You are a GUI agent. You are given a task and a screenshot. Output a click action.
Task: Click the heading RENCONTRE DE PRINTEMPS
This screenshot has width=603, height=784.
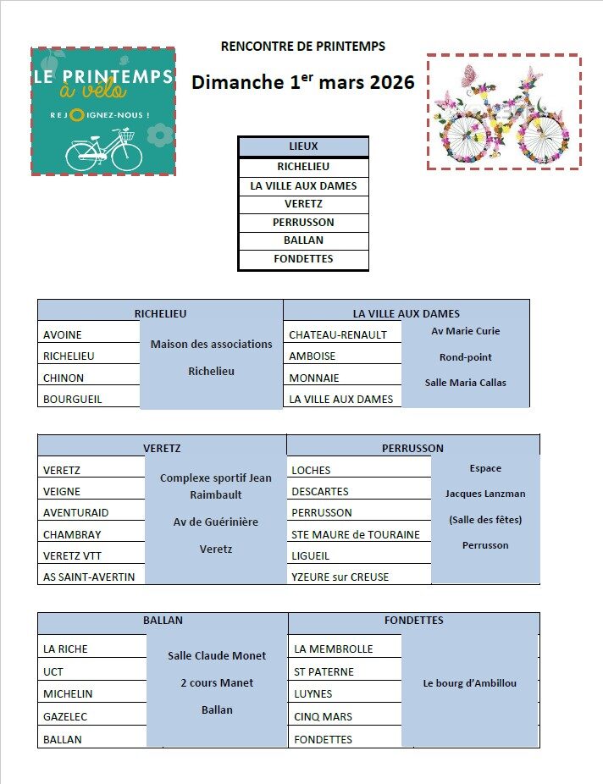click(x=302, y=47)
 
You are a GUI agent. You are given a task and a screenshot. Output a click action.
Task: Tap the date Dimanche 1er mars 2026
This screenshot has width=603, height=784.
click(x=302, y=82)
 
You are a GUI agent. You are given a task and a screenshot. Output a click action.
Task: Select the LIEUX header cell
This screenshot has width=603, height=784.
click(x=303, y=146)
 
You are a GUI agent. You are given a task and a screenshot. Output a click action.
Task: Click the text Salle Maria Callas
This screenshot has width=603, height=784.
click(x=465, y=383)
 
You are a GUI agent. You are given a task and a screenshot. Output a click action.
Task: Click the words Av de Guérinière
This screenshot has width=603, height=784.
click(x=216, y=522)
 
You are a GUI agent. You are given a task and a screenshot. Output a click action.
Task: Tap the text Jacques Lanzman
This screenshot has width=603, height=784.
click(x=485, y=494)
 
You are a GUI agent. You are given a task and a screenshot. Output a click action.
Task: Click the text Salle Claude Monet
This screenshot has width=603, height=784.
click(x=217, y=655)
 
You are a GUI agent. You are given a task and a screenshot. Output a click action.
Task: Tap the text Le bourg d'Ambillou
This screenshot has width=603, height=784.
click(x=469, y=683)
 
